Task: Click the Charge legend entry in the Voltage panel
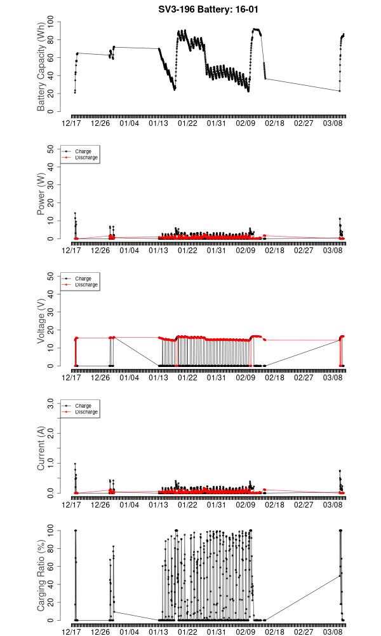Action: point(83,278)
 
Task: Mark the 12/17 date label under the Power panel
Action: point(71,251)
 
